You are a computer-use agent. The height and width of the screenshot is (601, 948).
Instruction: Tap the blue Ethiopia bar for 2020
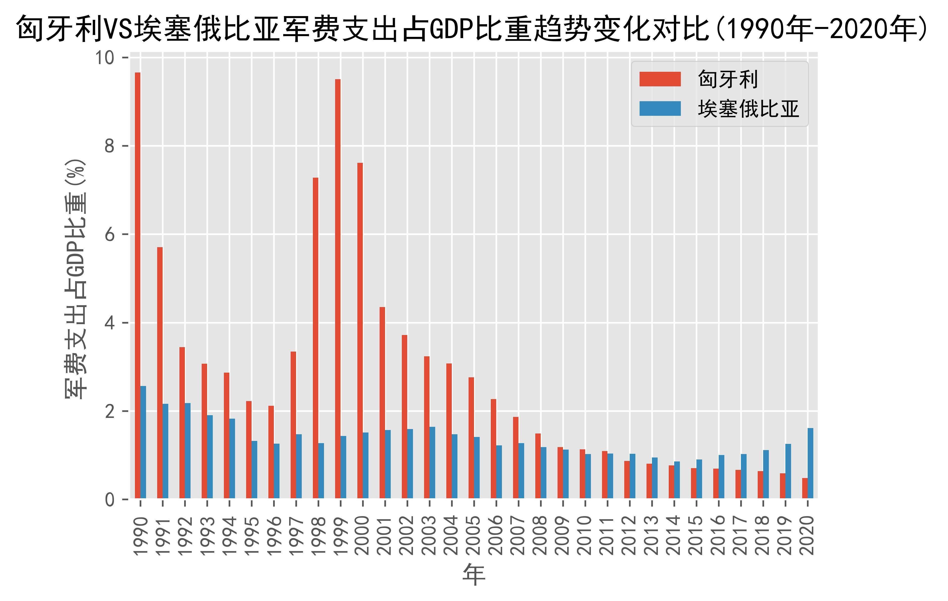(x=810, y=463)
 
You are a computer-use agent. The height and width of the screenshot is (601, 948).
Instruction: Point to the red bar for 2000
(x=360, y=330)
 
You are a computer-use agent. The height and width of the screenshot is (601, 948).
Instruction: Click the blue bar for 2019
(x=788, y=471)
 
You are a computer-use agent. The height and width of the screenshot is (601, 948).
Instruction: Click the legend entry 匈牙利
(x=728, y=79)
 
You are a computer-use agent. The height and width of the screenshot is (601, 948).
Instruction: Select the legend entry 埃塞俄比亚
(x=748, y=109)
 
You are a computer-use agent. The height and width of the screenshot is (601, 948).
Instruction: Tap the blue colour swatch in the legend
(x=660, y=109)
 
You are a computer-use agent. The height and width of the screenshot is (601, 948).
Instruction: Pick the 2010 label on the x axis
(x=585, y=536)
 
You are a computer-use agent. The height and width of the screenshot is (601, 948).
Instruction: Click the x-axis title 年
(x=474, y=574)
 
